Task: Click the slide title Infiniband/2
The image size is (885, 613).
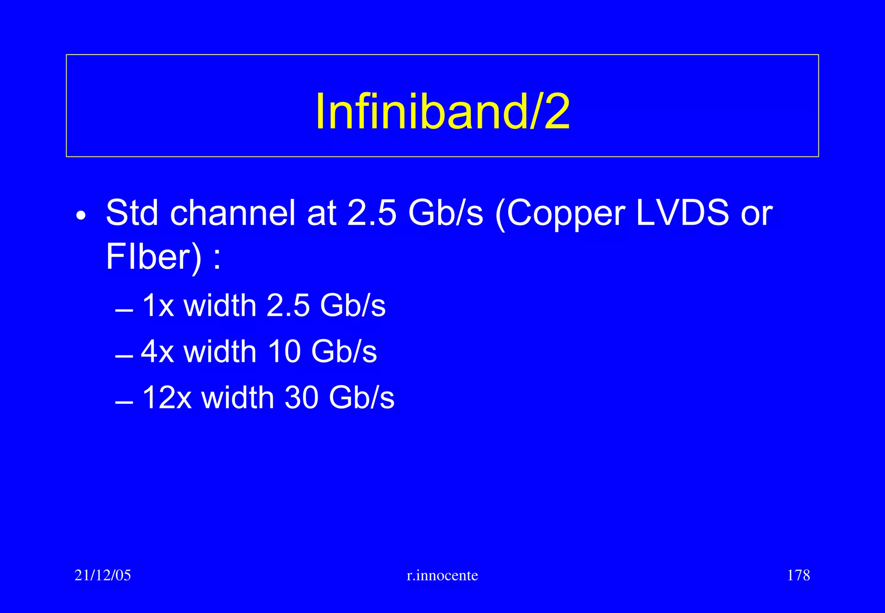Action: (x=442, y=112)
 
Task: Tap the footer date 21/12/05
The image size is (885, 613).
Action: (x=102, y=575)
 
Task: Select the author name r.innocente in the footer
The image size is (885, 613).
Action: (x=442, y=575)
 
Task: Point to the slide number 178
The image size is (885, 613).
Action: (x=798, y=575)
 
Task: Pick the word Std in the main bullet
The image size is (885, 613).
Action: (x=132, y=213)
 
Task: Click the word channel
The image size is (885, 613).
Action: (x=233, y=213)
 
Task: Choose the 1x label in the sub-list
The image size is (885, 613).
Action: (x=158, y=306)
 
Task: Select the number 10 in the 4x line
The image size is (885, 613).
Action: (x=284, y=351)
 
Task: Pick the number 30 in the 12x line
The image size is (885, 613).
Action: (x=302, y=398)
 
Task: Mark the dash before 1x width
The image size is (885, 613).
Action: (x=124, y=311)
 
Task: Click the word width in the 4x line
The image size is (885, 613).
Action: (x=220, y=351)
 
